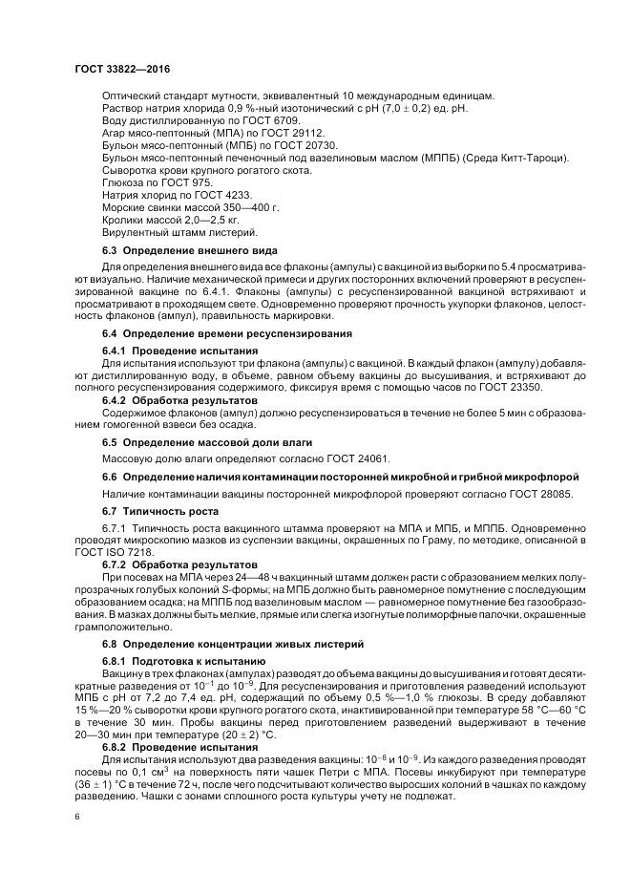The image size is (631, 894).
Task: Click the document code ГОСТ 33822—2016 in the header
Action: [116, 69]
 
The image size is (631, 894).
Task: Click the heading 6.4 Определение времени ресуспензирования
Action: [227, 333]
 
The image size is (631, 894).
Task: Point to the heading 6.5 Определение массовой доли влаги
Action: [210, 442]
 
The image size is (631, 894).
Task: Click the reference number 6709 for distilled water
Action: [285, 121]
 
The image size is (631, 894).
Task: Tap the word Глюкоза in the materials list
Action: [123, 181]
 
